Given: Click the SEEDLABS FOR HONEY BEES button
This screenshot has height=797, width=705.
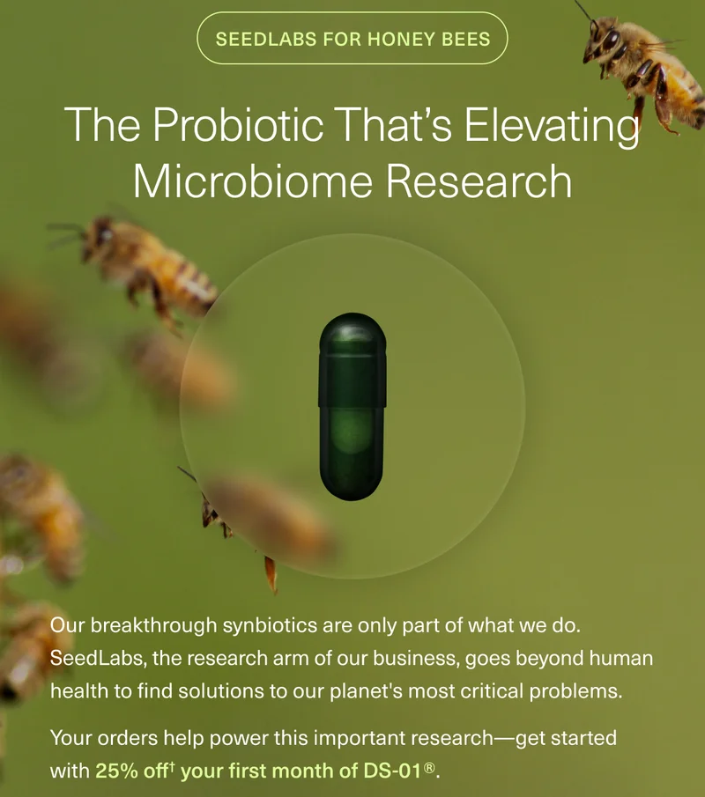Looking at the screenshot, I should pos(352,39).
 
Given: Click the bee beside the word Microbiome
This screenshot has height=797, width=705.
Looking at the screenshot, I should pos(145,264).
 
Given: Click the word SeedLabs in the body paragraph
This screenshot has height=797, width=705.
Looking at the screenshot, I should pos(92,659).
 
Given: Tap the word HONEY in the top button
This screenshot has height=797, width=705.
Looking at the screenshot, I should pos(394,39).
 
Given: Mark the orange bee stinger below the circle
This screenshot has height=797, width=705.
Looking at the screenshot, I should pos(271,574).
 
